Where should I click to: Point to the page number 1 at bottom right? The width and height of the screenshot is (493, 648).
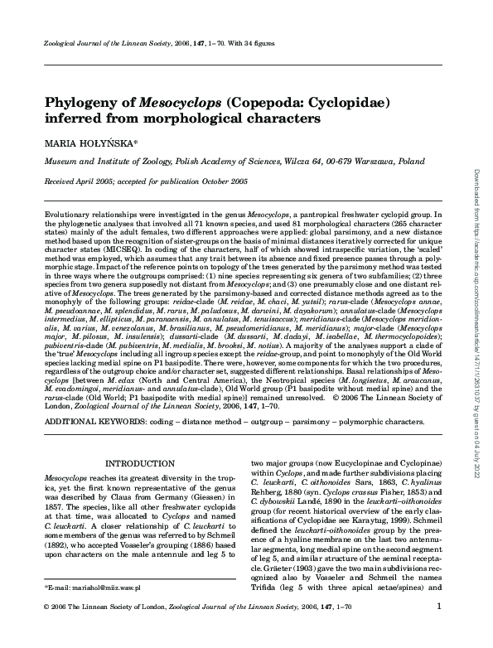448,630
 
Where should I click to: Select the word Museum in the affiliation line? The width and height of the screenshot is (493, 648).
61,162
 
